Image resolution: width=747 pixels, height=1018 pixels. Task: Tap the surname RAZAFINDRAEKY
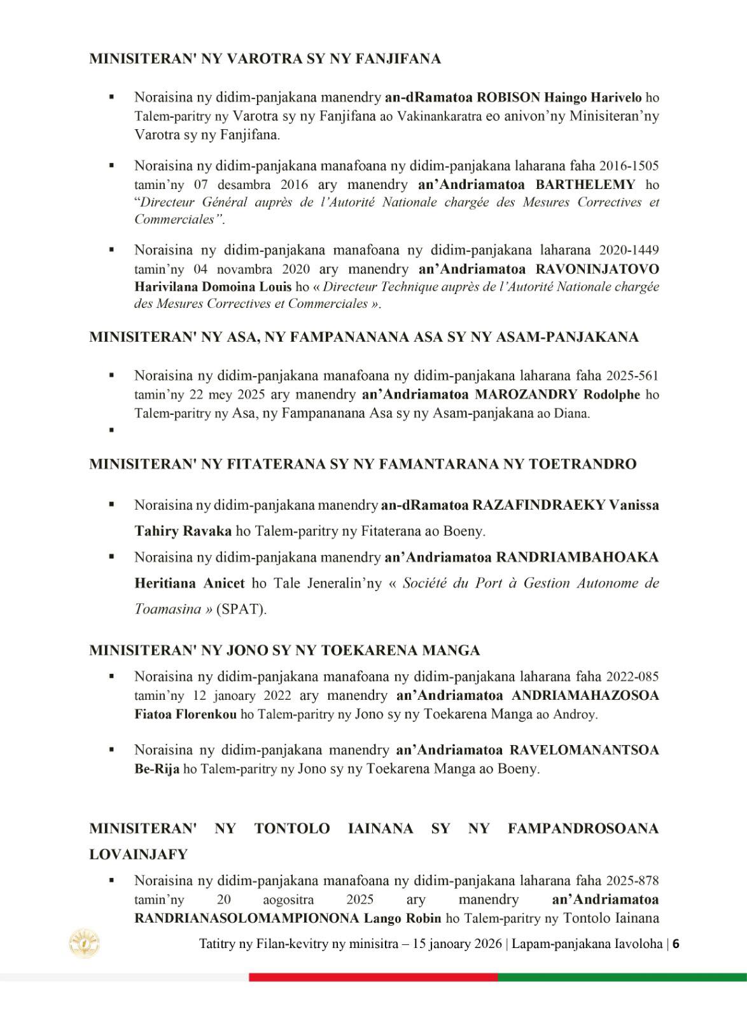pyautogui.click(x=538, y=505)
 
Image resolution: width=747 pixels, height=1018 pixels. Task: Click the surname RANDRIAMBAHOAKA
pyautogui.click(x=577, y=557)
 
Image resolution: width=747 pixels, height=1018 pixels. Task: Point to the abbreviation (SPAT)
pyautogui.click(x=242, y=609)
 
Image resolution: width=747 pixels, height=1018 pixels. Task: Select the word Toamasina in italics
pyautogui.click(x=167, y=609)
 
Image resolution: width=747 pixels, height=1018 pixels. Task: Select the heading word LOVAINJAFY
pyautogui.click(x=139, y=854)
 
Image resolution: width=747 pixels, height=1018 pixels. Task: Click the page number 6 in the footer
pyautogui.click(x=676, y=944)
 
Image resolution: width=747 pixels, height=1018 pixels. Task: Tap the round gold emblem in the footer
pyautogui.click(x=85, y=943)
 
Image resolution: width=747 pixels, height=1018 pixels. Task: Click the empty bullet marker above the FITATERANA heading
pyautogui.click(x=111, y=430)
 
